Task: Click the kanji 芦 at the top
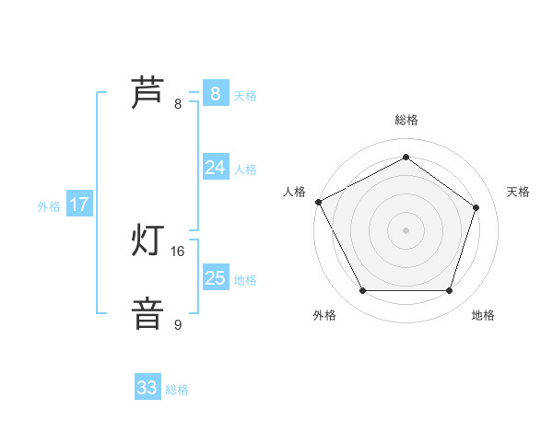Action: pyautogui.click(x=147, y=93)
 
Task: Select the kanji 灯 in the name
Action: pyautogui.click(x=147, y=241)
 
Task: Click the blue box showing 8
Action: pyautogui.click(x=215, y=93)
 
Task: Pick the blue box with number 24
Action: pyautogui.click(x=215, y=167)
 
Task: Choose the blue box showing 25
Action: pyautogui.click(x=215, y=277)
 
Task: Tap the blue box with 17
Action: pyautogui.click(x=79, y=205)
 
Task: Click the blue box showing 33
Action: pyautogui.click(x=147, y=388)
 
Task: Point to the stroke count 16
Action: pyautogui.click(x=178, y=251)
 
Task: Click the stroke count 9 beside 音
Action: pyautogui.click(x=178, y=324)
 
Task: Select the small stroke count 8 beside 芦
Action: pyautogui.click(x=178, y=103)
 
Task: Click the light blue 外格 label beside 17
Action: pyautogui.click(x=49, y=206)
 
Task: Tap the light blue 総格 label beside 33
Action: pyautogui.click(x=177, y=390)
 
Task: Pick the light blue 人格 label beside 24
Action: pyautogui.click(x=245, y=170)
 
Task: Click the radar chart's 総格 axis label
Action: pyautogui.click(x=406, y=120)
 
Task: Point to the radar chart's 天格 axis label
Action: pyautogui.click(x=519, y=192)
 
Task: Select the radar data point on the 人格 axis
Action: pyautogui.click(x=318, y=202)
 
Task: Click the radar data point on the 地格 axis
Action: pyautogui.click(x=449, y=291)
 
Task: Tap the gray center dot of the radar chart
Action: pyautogui.click(x=406, y=229)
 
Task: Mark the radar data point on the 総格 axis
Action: pyautogui.click(x=406, y=157)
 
